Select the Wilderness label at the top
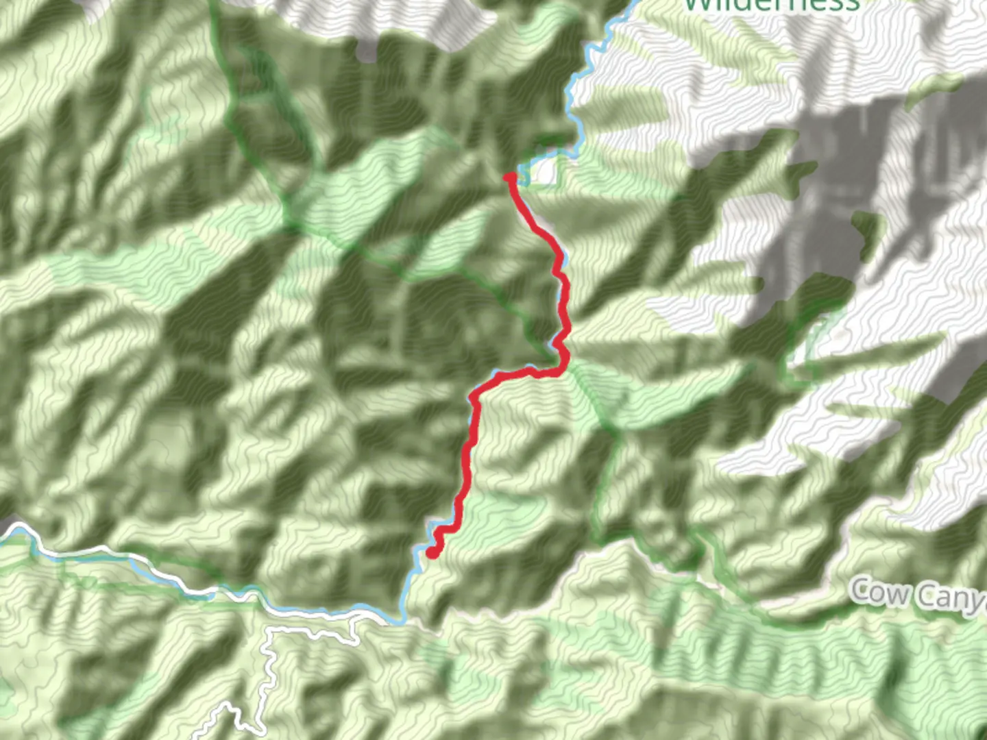click(771, 5)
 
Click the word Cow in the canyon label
click(880, 591)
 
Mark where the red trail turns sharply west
click(563, 368)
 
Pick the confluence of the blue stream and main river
click(402, 619)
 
